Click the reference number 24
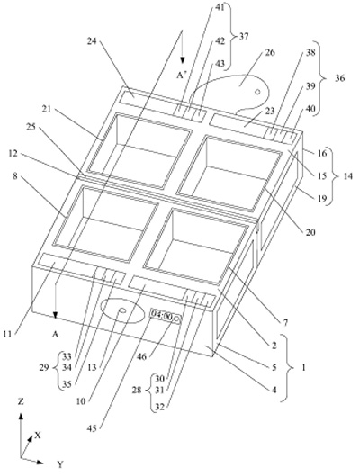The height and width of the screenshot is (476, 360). point(92,40)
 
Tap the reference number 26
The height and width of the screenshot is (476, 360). point(270,52)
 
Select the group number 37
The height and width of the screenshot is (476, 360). point(243,37)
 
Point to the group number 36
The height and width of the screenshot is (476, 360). point(340,78)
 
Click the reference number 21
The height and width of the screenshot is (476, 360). point(47,109)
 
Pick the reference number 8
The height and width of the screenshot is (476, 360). point(15,176)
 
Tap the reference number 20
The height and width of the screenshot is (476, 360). point(310,232)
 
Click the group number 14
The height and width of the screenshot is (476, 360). point(347,175)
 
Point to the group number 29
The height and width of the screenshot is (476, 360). point(44,368)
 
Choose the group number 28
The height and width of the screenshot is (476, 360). point(137,390)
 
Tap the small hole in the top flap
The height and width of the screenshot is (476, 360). point(257,92)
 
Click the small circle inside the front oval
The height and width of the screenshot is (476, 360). point(122,310)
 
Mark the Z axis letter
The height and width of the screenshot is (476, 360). point(21,401)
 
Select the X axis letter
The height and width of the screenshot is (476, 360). point(38,436)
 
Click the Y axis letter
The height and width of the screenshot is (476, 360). point(60,464)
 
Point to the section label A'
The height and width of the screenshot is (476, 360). point(181,76)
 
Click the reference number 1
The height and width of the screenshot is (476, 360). point(304,367)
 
